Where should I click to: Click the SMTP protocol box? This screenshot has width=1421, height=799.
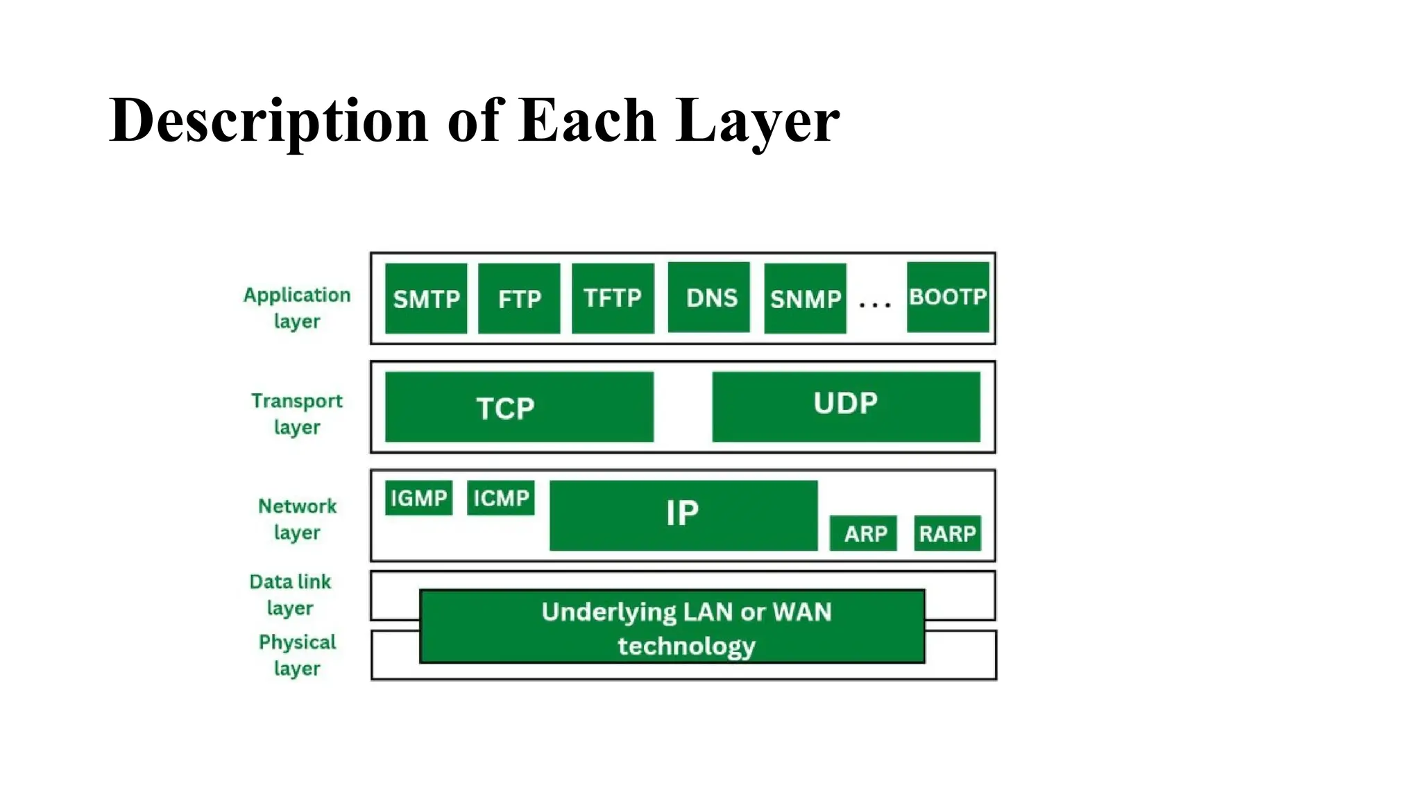426,298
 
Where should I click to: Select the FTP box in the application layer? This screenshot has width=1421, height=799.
519,298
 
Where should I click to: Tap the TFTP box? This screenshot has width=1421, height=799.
613,298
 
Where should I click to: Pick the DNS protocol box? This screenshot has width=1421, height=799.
708,298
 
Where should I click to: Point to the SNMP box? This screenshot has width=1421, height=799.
805,298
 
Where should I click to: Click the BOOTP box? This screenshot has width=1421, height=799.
948,297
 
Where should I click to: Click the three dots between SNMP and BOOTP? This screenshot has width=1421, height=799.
875,304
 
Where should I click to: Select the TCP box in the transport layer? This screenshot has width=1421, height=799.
519,407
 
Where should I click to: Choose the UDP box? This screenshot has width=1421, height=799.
846,406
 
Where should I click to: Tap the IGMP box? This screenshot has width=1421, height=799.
418,498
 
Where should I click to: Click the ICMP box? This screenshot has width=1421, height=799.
500,498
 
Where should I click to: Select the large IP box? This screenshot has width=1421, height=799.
683,515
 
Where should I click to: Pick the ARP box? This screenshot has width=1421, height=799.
863,533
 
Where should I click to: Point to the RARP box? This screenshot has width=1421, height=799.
947,533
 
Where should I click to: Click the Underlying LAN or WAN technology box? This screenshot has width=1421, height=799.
672,627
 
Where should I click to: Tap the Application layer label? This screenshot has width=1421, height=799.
297,308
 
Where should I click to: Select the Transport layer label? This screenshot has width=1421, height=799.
297,413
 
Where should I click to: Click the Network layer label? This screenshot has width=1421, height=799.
297,519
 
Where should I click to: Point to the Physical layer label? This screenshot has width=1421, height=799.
297,655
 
